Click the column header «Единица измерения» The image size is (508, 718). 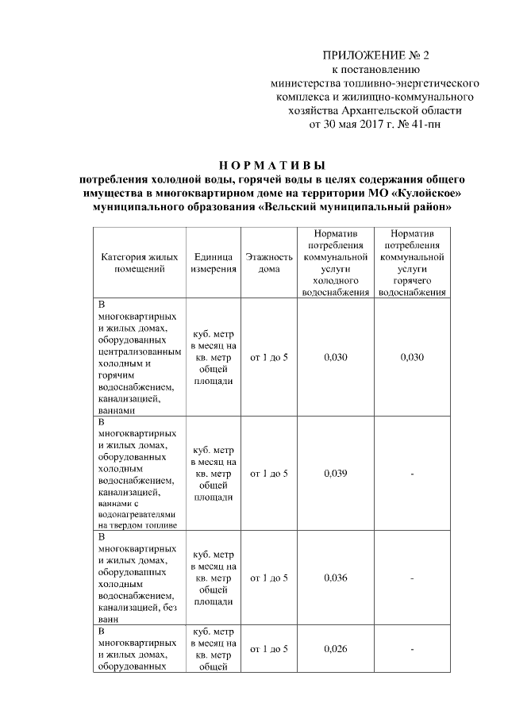pos(213,263)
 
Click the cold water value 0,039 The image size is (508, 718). pos(336,474)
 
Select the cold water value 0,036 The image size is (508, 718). pos(336,578)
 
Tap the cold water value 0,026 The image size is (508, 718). pos(336,649)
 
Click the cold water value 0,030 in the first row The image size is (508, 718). pos(336,357)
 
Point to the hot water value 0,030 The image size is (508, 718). pos(413,357)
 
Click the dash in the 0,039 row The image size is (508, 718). pos(413,474)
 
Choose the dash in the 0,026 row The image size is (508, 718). pos(413,649)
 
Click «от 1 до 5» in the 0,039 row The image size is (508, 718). pos(269,474)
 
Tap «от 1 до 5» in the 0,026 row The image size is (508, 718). pos(269,649)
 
